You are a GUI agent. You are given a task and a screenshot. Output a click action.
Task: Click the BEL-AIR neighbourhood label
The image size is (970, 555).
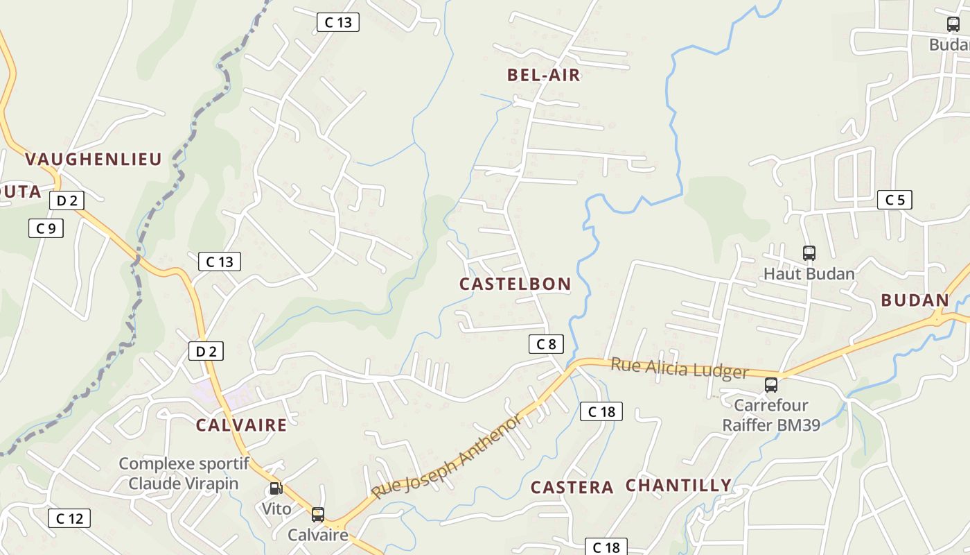(x=543, y=76)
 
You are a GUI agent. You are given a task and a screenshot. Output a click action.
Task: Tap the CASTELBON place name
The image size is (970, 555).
(x=515, y=284)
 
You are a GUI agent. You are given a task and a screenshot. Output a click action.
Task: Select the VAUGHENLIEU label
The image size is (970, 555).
(x=94, y=159)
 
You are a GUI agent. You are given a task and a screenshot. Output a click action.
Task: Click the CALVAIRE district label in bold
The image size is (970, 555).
(x=241, y=425)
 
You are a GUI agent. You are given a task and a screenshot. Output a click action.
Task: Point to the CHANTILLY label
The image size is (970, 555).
(x=678, y=486)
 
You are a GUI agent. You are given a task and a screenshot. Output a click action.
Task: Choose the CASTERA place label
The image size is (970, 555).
(x=572, y=488)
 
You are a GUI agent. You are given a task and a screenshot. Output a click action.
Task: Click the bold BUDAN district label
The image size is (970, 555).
(x=914, y=300)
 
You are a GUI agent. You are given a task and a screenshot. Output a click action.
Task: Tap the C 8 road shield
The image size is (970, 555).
(x=546, y=343)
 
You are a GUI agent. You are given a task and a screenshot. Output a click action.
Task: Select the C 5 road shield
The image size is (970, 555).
(x=894, y=200)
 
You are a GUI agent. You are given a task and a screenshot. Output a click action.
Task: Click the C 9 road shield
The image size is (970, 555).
(x=46, y=228)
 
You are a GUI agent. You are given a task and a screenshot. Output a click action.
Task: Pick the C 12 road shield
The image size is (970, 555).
(x=69, y=518)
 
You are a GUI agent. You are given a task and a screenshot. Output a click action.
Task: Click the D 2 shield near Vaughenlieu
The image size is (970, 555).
(x=67, y=201)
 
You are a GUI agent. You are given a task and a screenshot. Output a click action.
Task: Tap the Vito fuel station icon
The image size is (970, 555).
(x=276, y=489)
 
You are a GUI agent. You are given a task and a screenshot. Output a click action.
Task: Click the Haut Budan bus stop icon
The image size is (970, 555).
(x=809, y=253)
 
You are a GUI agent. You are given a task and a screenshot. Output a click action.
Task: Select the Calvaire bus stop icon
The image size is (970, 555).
(x=318, y=515)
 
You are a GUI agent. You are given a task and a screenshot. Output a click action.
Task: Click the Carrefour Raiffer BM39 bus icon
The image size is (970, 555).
(x=771, y=385)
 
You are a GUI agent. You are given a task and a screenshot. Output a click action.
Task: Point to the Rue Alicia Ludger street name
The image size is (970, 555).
(x=679, y=368)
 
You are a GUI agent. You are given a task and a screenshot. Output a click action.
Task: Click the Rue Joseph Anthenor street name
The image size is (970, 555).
(x=447, y=456)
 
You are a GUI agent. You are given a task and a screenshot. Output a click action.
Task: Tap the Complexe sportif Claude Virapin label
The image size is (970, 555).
(x=184, y=473)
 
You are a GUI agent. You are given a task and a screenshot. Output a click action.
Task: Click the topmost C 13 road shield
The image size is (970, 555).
(x=338, y=22)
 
